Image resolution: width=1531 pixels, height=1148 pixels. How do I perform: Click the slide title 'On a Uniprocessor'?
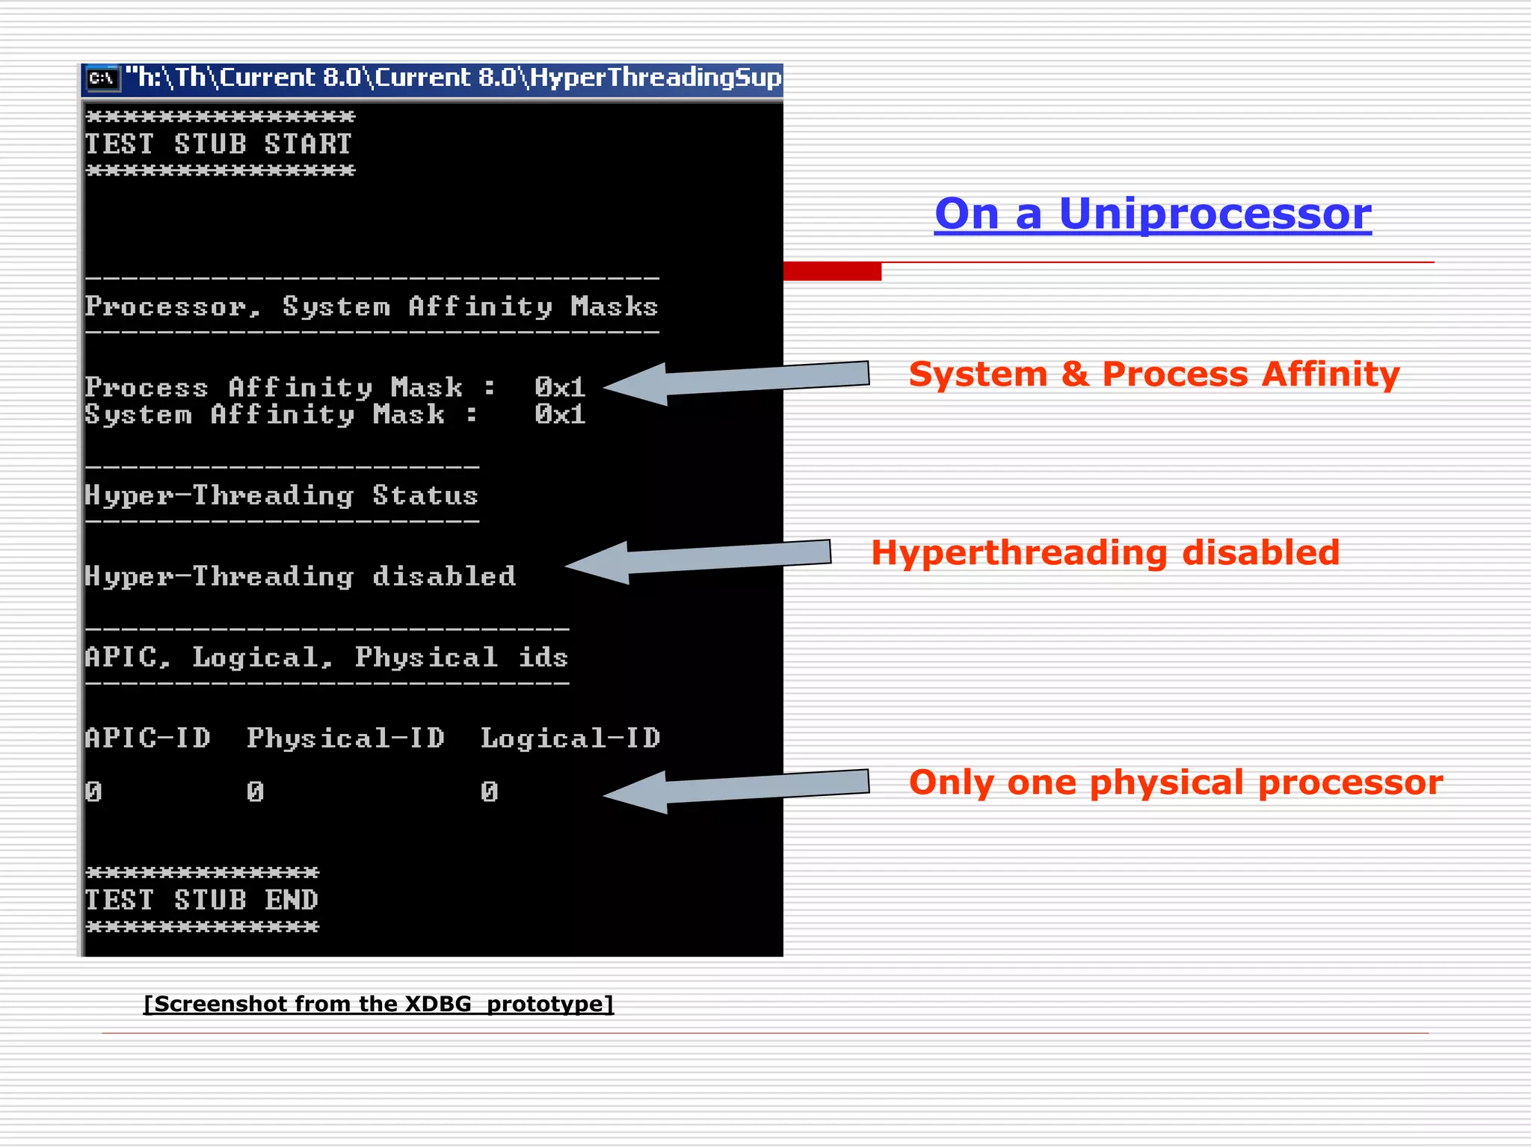click(x=1152, y=214)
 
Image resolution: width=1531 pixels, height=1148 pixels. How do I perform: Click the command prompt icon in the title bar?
click(x=102, y=78)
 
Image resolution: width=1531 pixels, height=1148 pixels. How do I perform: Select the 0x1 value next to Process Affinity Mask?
click(x=559, y=387)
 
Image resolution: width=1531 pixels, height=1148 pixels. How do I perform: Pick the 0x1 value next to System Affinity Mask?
click(x=559, y=415)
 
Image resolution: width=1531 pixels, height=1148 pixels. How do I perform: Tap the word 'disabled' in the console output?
click(x=443, y=576)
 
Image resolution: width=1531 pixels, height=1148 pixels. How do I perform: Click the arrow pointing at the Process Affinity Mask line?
click(x=736, y=380)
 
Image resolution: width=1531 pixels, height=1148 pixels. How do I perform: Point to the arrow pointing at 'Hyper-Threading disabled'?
click(x=698, y=560)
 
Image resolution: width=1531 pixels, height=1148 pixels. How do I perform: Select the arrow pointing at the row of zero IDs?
click(x=736, y=789)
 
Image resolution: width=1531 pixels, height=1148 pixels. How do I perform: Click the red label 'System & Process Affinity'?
click(x=1153, y=374)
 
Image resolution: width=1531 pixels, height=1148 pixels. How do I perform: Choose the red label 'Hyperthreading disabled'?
click(x=1105, y=553)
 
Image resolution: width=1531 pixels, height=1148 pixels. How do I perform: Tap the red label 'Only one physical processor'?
click(x=1175, y=783)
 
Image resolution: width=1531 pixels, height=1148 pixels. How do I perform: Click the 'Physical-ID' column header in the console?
click(x=345, y=738)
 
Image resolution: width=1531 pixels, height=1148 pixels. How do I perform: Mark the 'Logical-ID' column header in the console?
click(x=570, y=738)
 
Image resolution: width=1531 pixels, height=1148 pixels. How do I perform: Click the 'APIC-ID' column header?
click(x=147, y=738)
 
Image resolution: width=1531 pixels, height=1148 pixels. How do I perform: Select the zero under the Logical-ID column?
click(x=489, y=791)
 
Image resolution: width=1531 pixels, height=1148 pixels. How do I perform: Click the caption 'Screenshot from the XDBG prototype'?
click(x=378, y=1004)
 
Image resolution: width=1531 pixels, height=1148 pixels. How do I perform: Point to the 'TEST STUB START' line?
click(x=218, y=144)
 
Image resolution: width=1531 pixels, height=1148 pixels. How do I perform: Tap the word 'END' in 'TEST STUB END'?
click(x=292, y=900)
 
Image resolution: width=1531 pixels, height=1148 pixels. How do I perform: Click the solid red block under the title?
click(x=832, y=271)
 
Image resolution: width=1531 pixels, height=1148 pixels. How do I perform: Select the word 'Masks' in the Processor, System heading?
click(x=614, y=306)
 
